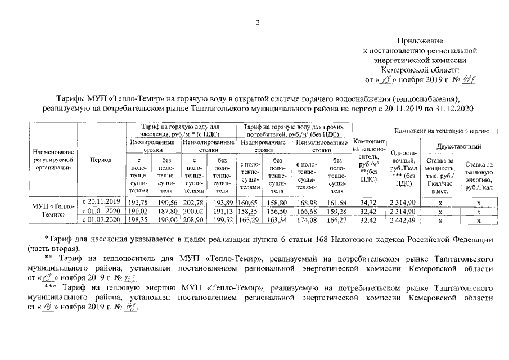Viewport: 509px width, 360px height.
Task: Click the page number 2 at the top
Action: (258, 22)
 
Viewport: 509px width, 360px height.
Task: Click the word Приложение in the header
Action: (420, 41)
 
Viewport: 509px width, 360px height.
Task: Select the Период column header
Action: (101, 160)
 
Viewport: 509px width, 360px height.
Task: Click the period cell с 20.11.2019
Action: (102, 201)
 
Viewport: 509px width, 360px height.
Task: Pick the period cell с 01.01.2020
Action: (102, 210)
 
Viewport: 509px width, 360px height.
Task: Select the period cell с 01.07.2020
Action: (102, 219)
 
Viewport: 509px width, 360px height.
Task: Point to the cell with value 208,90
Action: (192, 220)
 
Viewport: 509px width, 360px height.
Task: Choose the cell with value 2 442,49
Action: (403, 220)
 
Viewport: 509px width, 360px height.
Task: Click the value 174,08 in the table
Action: (306, 220)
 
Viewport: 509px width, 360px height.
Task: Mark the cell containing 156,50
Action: (277, 211)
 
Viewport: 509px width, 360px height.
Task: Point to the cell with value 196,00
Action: (165, 220)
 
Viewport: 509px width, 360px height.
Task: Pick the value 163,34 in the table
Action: (277, 220)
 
